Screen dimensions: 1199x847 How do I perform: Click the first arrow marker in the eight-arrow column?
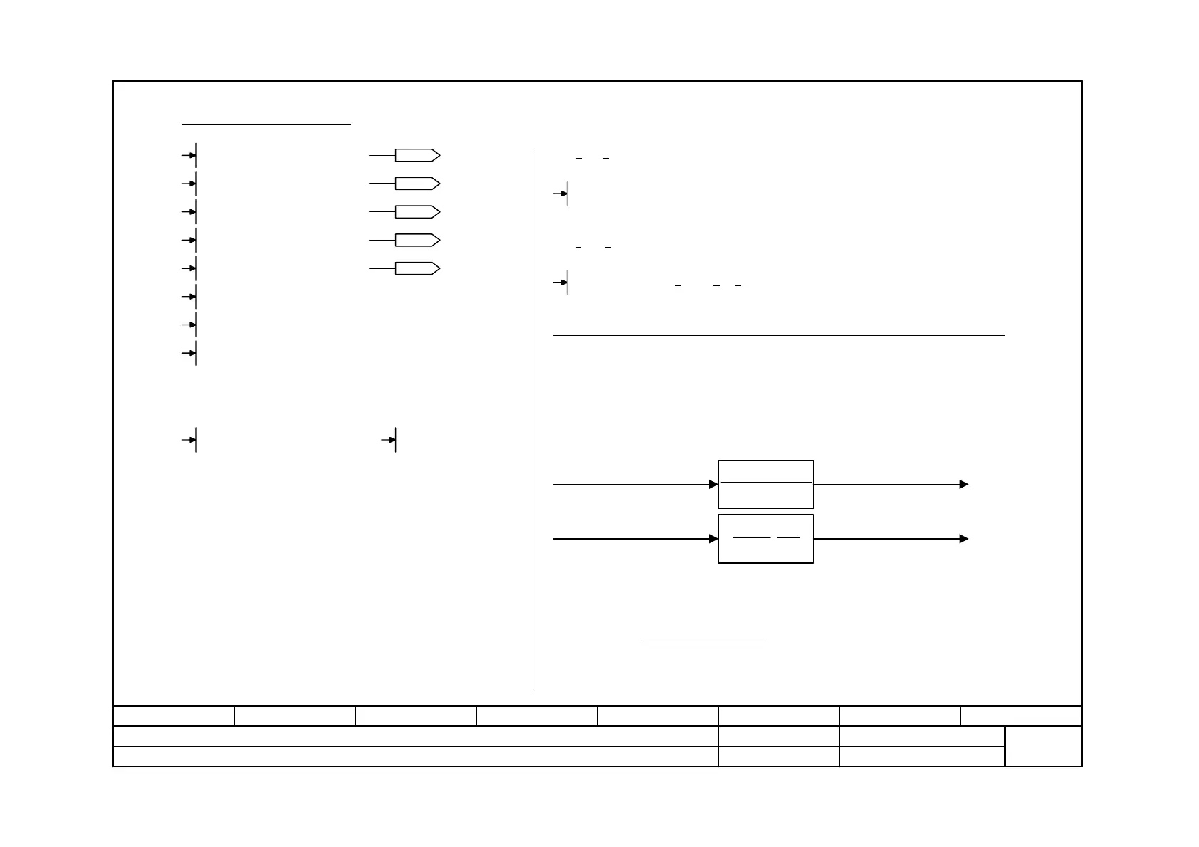click(x=190, y=155)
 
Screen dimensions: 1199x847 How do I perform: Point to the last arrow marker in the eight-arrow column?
click(x=190, y=353)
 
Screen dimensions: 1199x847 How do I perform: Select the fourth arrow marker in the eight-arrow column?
click(x=190, y=240)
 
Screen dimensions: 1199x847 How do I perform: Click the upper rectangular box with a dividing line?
click(x=765, y=484)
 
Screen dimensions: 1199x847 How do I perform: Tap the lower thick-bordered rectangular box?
click(x=765, y=539)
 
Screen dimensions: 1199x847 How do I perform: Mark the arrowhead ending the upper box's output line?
click(x=964, y=484)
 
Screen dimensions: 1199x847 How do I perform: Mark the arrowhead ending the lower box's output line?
click(x=964, y=539)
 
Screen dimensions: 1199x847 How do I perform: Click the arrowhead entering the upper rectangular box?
click(x=713, y=484)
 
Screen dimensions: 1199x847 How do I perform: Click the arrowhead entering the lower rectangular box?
click(x=713, y=539)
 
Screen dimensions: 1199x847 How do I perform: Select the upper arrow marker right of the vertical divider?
click(x=562, y=193)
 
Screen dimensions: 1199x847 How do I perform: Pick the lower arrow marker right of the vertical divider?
click(x=562, y=283)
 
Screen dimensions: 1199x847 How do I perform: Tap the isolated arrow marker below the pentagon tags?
click(x=390, y=440)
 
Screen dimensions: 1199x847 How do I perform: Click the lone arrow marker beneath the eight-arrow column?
click(x=190, y=440)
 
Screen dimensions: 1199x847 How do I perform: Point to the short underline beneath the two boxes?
click(x=703, y=638)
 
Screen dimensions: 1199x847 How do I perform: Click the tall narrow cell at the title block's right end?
click(x=1043, y=747)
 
